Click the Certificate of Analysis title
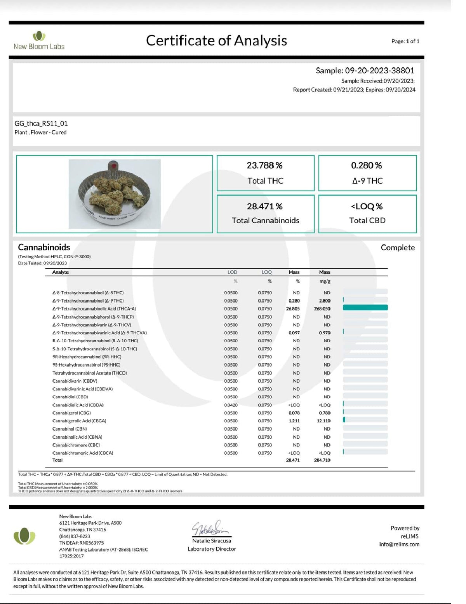click(216, 40)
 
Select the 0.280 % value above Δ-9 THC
click(366, 165)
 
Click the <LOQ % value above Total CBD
click(367, 206)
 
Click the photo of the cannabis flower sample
click(115, 194)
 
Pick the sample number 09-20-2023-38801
click(379, 70)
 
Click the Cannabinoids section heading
click(44, 247)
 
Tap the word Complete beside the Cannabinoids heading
click(397, 247)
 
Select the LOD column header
click(232, 272)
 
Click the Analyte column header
click(61, 272)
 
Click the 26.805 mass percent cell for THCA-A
click(293, 309)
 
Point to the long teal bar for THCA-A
click(365, 308)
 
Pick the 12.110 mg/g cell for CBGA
click(323, 421)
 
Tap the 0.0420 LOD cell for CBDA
click(231, 405)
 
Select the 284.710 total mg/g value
click(322, 460)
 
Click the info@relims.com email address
click(399, 544)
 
